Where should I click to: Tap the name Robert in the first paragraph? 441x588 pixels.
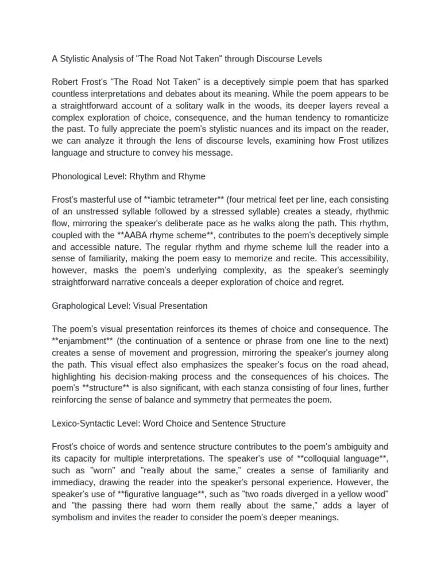(x=65, y=82)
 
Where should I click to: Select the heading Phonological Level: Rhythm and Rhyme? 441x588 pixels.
(x=128, y=176)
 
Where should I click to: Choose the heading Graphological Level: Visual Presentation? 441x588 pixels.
(x=129, y=306)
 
